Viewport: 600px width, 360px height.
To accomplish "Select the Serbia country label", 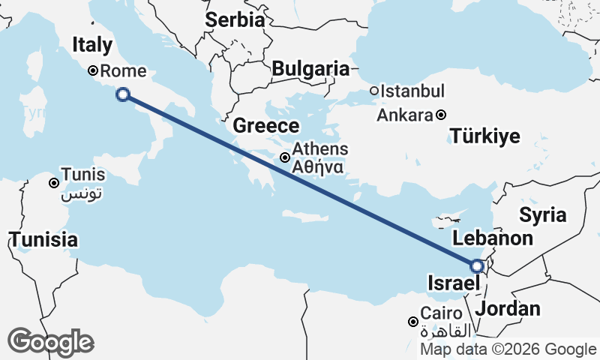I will pyautogui.click(x=235, y=19).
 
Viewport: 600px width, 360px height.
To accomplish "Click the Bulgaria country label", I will pyautogui.click(x=310, y=69).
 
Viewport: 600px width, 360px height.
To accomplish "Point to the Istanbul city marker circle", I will pyautogui.click(x=374, y=91).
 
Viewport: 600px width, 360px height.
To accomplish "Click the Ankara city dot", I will pyautogui.click(x=441, y=115).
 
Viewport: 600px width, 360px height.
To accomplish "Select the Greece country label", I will pyautogui.click(x=266, y=125).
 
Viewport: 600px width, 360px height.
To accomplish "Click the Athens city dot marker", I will pyautogui.click(x=285, y=157).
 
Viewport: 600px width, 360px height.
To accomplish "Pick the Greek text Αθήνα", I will pyautogui.click(x=319, y=166).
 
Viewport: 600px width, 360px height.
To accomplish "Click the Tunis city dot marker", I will pyautogui.click(x=54, y=183).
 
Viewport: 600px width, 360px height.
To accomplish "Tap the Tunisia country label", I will pyautogui.click(x=43, y=240).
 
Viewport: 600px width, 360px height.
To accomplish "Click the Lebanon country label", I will pyautogui.click(x=493, y=238).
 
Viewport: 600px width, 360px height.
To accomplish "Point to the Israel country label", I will pyautogui.click(x=452, y=283).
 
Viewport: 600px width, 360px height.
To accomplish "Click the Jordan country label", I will pyautogui.click(x=508, y=308).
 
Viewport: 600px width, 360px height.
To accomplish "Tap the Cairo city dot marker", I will pyautogui.click(x=412, y=322).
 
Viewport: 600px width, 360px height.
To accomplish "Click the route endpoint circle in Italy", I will pyautogui.click(x=123, y=94).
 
